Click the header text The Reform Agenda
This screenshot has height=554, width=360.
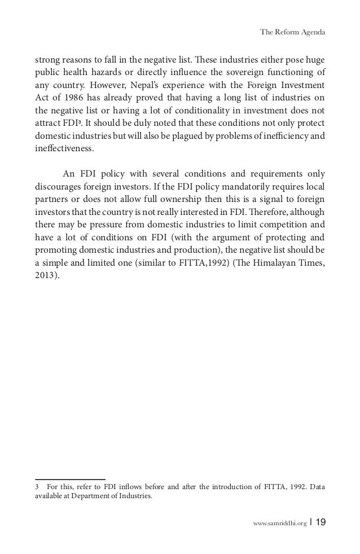(x=292, y=32)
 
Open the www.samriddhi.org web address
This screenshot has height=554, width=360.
(x=281, y=524)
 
